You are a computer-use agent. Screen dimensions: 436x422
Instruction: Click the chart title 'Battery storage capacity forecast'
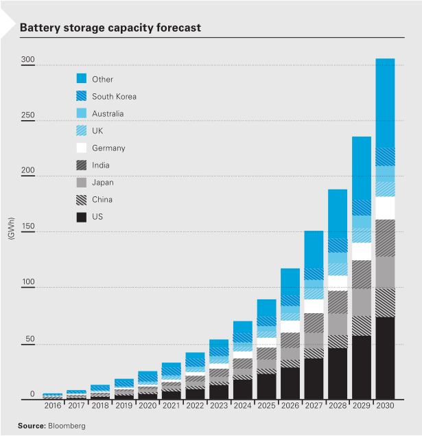(x=110, y=28)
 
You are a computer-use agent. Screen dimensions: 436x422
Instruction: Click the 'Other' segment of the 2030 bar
(x=385, y=103)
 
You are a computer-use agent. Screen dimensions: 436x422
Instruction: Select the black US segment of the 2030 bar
(x=385, y=358)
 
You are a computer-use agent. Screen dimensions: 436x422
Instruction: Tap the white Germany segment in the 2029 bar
(x=362, y=251)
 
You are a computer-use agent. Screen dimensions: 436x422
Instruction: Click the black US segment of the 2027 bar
(x=314, y=378)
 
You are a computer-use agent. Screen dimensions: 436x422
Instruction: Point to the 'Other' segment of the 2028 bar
(x=338, y=213)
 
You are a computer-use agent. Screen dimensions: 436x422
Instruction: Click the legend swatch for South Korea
(x=81, y=97)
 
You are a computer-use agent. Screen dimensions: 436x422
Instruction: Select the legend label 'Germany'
(x=108, y=148)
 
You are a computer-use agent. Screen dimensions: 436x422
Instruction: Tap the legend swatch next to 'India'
(x=81, y=165)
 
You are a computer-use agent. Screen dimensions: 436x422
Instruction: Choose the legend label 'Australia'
(x=108, y=114)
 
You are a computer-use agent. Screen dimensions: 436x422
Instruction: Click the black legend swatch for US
(x=81, y=217)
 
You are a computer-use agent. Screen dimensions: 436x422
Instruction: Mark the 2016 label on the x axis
(x=53, y=406)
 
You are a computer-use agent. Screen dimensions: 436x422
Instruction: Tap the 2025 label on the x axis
(x=266, y=406)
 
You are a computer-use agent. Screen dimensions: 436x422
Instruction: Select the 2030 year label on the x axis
(x=385, y=406)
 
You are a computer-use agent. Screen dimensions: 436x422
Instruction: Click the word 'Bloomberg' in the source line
(x=67, y=426)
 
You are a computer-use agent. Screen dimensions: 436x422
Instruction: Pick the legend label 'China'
(x=102, y=200)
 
